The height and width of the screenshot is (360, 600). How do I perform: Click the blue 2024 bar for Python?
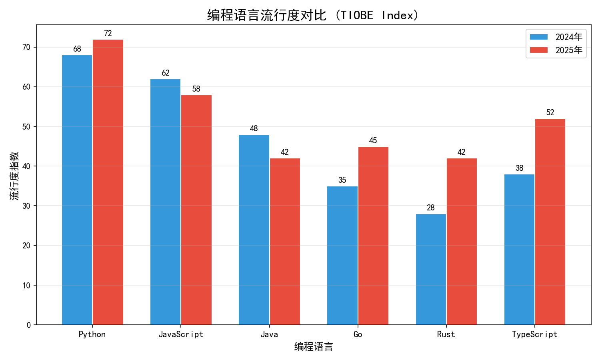(x=77, y=190)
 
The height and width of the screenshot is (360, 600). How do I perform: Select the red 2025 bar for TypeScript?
(x=550, y=222)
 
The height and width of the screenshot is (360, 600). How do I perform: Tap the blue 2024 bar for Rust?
(x=431, y=269)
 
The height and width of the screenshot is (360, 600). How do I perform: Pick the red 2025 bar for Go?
(x=373, y=236)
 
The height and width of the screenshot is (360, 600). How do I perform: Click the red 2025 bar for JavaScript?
(x=196, y=210)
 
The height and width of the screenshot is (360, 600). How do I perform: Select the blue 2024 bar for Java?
(x=254, y=230)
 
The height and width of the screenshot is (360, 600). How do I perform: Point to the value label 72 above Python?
(x=108, y=33)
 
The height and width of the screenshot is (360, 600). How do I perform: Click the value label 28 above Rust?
(x=431, y=208)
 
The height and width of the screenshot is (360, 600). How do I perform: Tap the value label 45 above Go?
(x=373, y=140)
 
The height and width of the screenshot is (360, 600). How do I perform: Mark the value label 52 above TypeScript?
(x=550, y=112)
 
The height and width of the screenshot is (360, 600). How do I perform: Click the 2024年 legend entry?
(x=556, y=37)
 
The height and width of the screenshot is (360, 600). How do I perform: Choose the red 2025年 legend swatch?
(x=539, y=50)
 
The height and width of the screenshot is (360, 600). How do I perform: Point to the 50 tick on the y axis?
(x=26, y=127)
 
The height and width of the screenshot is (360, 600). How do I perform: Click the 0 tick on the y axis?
(x=29, y=325)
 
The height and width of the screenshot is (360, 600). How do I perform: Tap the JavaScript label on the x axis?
(x=181, y=334)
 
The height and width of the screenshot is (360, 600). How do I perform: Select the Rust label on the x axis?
(x=446, y=334)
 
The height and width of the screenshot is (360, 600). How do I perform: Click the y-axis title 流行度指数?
(x=14, y=176)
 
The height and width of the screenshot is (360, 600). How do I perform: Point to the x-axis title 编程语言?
(x=314, y=347)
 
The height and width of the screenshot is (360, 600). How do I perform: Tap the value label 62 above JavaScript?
(x=166, y=73)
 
